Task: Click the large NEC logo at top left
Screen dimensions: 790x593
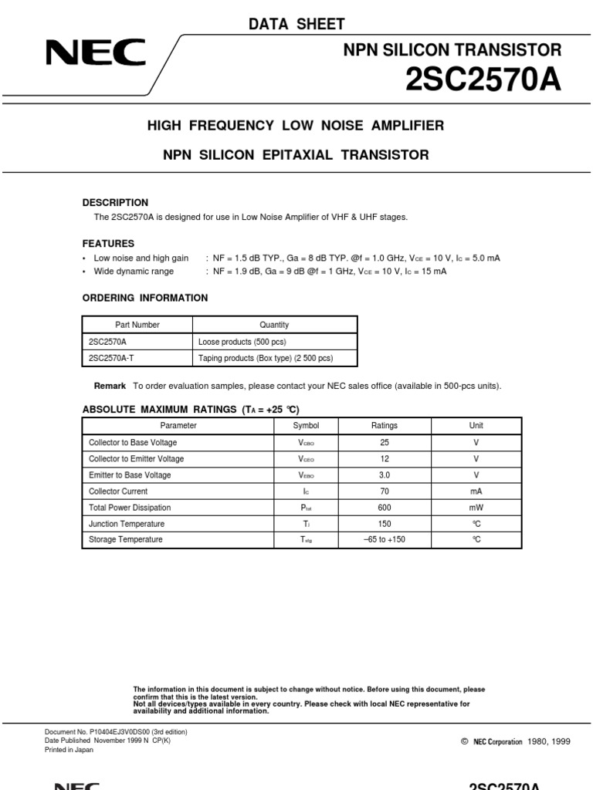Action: [96, 54]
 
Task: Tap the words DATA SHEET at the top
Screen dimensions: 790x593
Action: [296, 25]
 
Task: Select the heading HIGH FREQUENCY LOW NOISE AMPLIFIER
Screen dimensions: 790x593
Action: [296, 125]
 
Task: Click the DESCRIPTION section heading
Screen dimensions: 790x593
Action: [115, 202]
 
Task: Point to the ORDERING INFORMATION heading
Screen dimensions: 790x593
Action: [145, 298]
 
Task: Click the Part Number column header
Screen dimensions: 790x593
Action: [137, 325]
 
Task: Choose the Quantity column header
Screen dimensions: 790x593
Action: [274, 325]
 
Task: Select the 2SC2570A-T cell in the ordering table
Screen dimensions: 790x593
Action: [112, 358]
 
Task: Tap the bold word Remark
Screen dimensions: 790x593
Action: [110, 386]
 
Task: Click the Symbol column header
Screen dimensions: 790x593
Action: [306, 426]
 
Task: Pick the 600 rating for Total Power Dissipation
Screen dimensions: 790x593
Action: [384, 508]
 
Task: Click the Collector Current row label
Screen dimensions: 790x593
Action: [118, 491]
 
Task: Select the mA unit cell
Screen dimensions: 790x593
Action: [476, 491]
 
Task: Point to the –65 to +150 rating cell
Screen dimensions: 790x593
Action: [384, 539]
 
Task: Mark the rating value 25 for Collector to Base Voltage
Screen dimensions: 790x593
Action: [384, 443]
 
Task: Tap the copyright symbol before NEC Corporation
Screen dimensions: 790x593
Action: [464, 741]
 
